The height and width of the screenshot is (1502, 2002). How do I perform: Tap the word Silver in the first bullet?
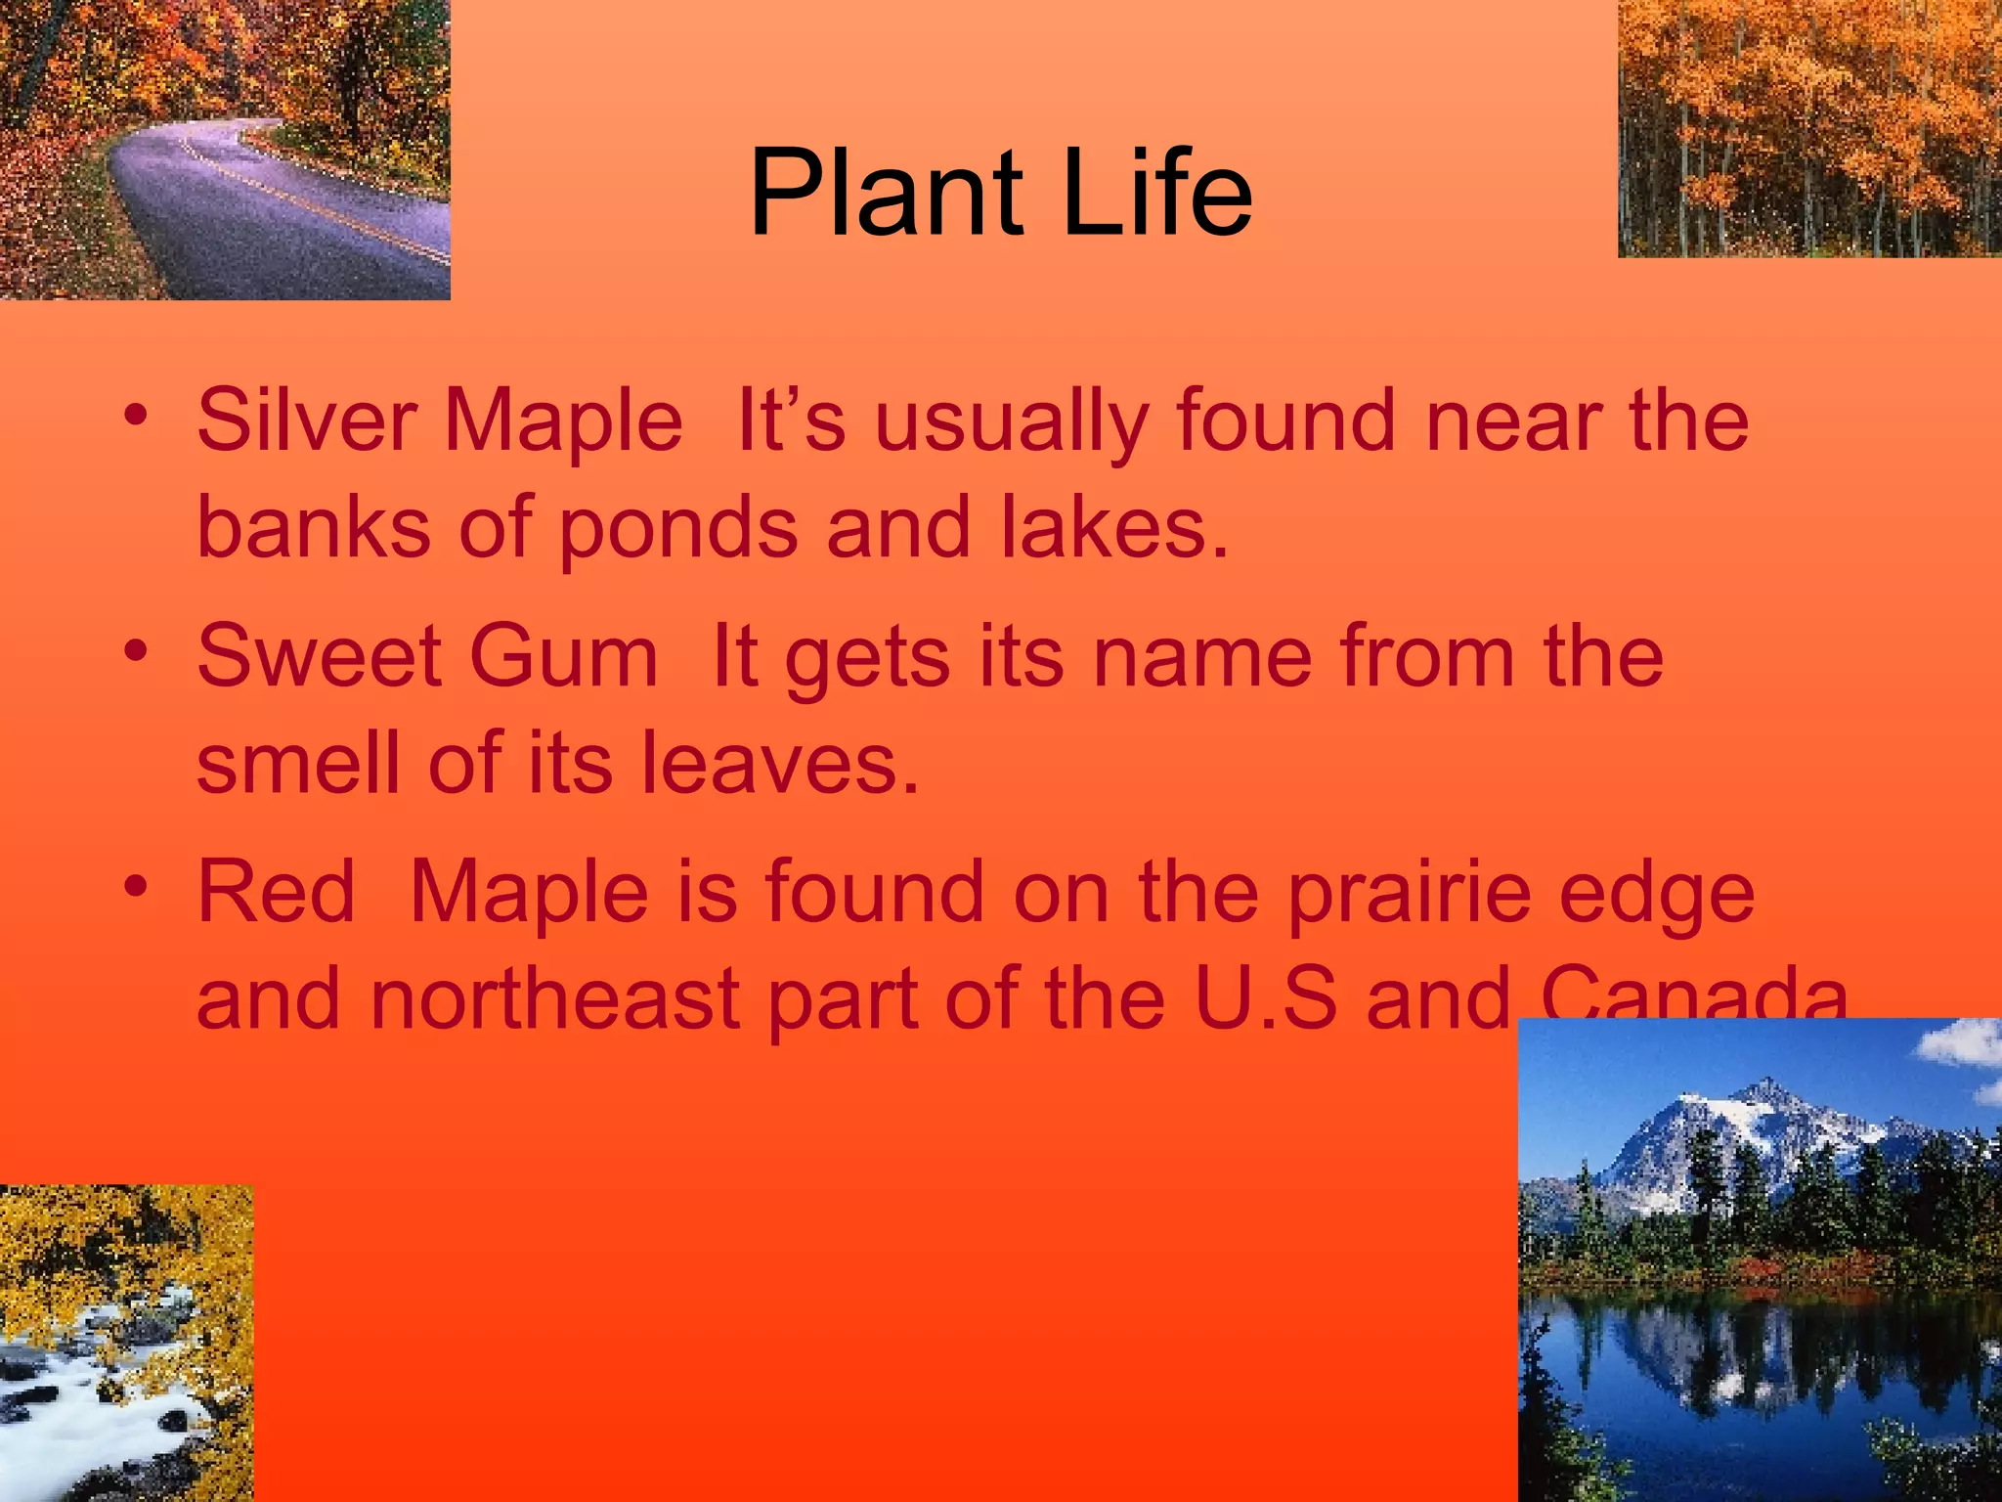click(306, 421)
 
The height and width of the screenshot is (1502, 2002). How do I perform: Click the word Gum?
click(563, 657)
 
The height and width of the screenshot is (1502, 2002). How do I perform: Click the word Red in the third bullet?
click(276, 893)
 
